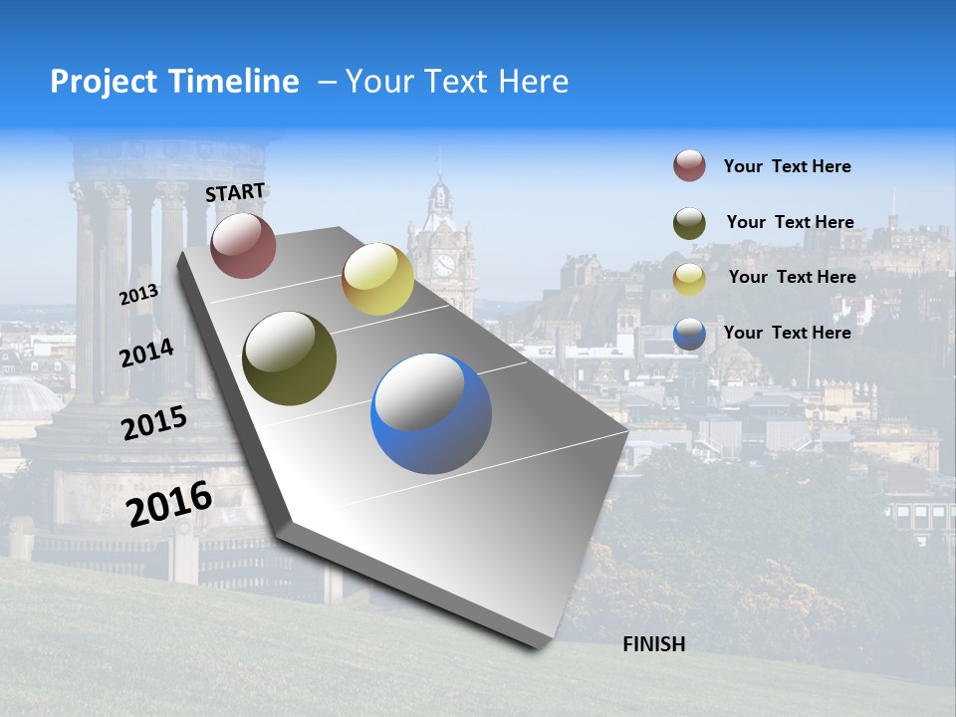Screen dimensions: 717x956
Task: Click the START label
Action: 235,192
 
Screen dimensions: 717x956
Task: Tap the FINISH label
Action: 653,644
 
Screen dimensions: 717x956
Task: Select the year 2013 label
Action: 138,296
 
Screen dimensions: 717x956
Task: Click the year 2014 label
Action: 146,353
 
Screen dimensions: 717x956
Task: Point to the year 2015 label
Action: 153,423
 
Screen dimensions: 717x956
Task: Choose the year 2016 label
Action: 169,503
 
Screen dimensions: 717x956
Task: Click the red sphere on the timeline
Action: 243,245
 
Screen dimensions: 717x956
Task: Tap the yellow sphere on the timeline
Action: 377,279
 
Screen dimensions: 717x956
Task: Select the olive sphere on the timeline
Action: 289,358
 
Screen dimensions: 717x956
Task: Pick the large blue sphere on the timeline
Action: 431,413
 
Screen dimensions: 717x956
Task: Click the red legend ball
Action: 689,165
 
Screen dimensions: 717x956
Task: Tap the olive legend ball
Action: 689,222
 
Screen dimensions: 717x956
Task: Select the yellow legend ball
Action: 689,278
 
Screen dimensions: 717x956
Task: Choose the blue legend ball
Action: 689,334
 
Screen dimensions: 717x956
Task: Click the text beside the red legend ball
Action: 787,166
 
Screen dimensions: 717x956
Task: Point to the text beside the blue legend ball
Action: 787,333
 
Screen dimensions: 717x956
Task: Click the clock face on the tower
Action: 443,265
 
